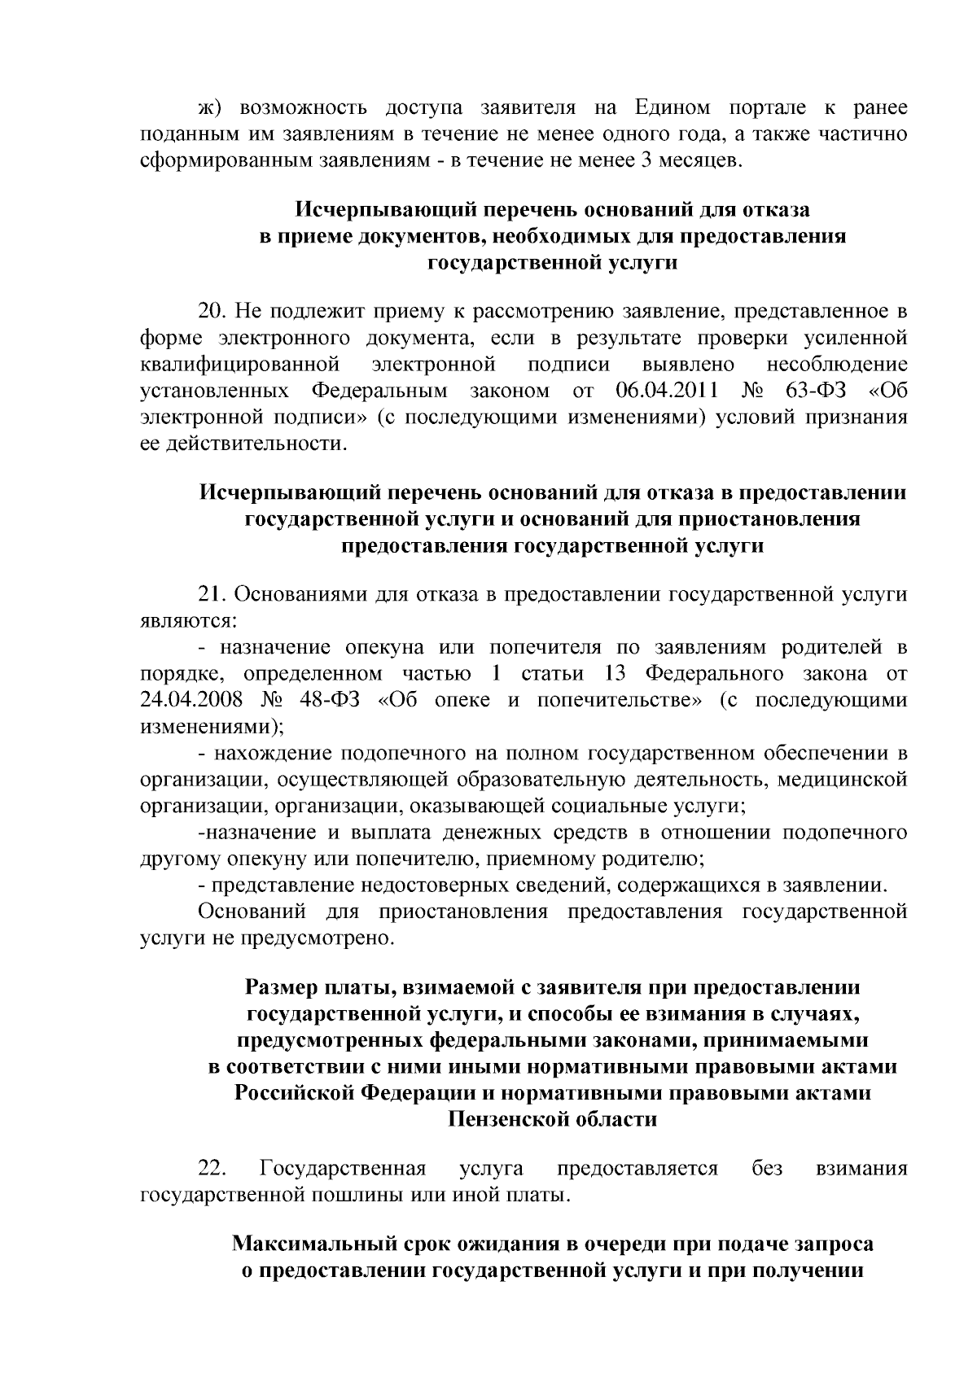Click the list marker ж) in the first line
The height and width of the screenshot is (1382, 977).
210,108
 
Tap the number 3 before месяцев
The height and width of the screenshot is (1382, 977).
647,159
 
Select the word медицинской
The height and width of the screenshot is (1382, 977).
843,780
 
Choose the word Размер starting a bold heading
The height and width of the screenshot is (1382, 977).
281,988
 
